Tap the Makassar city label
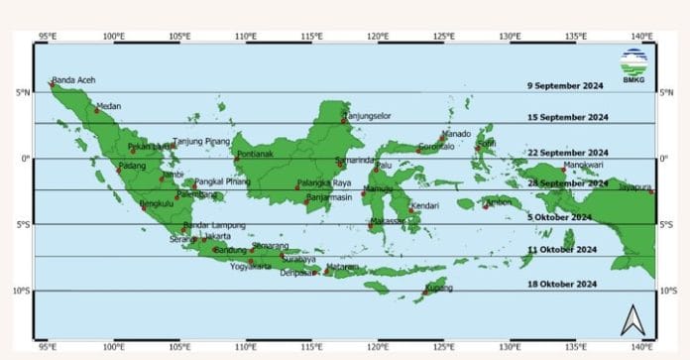click(x=389, y=220)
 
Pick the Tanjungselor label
click(x=367, y=116)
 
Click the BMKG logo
click(x=632, y=64)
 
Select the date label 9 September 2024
click(x=567, y=86)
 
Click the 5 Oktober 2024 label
click(x=560, y=216)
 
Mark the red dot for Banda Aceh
click(x=52, y=84)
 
